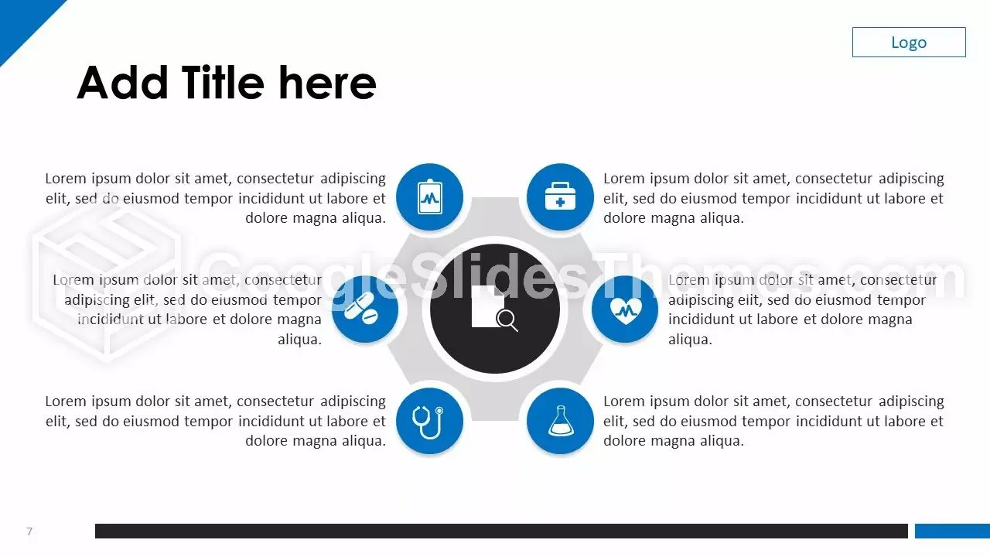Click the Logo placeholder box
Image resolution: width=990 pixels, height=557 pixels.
coord(909,42)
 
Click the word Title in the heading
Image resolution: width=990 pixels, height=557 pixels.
coord(223,83)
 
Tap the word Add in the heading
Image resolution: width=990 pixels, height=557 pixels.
coord(122,83)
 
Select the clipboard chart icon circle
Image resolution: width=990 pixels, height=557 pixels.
coord(429,197)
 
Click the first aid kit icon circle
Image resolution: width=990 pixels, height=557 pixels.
coord(560,197)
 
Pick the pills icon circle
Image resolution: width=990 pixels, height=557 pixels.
coord(365,309)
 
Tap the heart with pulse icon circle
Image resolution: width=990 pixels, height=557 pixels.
coord(624,309)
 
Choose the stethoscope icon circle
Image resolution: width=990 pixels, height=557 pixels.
coord(429,421)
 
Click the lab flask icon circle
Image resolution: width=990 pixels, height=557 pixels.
coord(560,421)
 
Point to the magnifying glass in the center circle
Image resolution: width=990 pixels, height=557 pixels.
coord(507,320)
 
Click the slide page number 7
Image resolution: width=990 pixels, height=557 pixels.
coord(29,531)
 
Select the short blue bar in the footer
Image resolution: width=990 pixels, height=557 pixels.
coord(952,531)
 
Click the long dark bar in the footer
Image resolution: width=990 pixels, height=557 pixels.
coord(502,531)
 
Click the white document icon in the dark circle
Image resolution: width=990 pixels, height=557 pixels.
coord(486,306)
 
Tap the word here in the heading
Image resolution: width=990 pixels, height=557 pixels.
coord(327,83)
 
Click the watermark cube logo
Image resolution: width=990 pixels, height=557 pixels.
coord(106,283)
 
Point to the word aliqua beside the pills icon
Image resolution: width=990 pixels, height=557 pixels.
coord(299,340)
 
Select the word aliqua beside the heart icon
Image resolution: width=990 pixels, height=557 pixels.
coord(689,340)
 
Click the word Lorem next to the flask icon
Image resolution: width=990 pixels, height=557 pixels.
coord(624,402)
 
